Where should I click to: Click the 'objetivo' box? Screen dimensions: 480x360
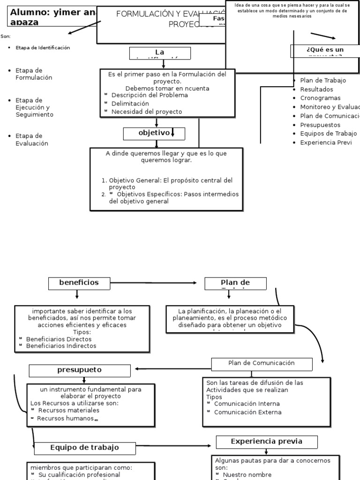pyautogui.click(x=154, y=134)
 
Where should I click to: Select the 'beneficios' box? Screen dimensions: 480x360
pyautogui.click(x=79, y=283)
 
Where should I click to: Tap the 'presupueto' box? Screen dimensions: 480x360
pyautogui.click(x=80, y=370)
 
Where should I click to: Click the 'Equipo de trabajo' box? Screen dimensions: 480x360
pyautogui.click(x=85, y=448)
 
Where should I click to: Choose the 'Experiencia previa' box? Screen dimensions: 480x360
pyautogui.click(x=267, y=442)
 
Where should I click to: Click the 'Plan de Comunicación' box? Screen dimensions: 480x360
pyautogui.click(x=262, y=363)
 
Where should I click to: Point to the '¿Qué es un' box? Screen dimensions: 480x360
pyautogui.click(x=324, y=51)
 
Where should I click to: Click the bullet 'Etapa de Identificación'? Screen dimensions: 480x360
pyautogui.click(x=43, y=48)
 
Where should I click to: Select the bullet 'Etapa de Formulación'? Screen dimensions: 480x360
pyautogui.click(x=34, y=74)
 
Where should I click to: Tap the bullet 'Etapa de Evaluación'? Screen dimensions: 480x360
pyautogui.click(x=32, y=140)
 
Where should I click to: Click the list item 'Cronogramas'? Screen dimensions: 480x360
pyautogui.click(x=320, y=98)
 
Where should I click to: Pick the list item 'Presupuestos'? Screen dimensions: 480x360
pyautogui.click(x=320, y=125)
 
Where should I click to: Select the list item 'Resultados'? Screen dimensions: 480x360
pyautogui.click(x=317, y=89)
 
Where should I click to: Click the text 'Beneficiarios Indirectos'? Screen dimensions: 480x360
pyautogui.click(x=61, y=346)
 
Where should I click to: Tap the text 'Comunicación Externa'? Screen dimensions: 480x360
pyautogui.click(x=247, y=412)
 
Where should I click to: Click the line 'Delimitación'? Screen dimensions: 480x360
pyautogui.click(x=130, y=104)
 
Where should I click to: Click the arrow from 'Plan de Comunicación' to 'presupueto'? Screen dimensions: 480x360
pyautogui.click(x=171, y=368)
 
